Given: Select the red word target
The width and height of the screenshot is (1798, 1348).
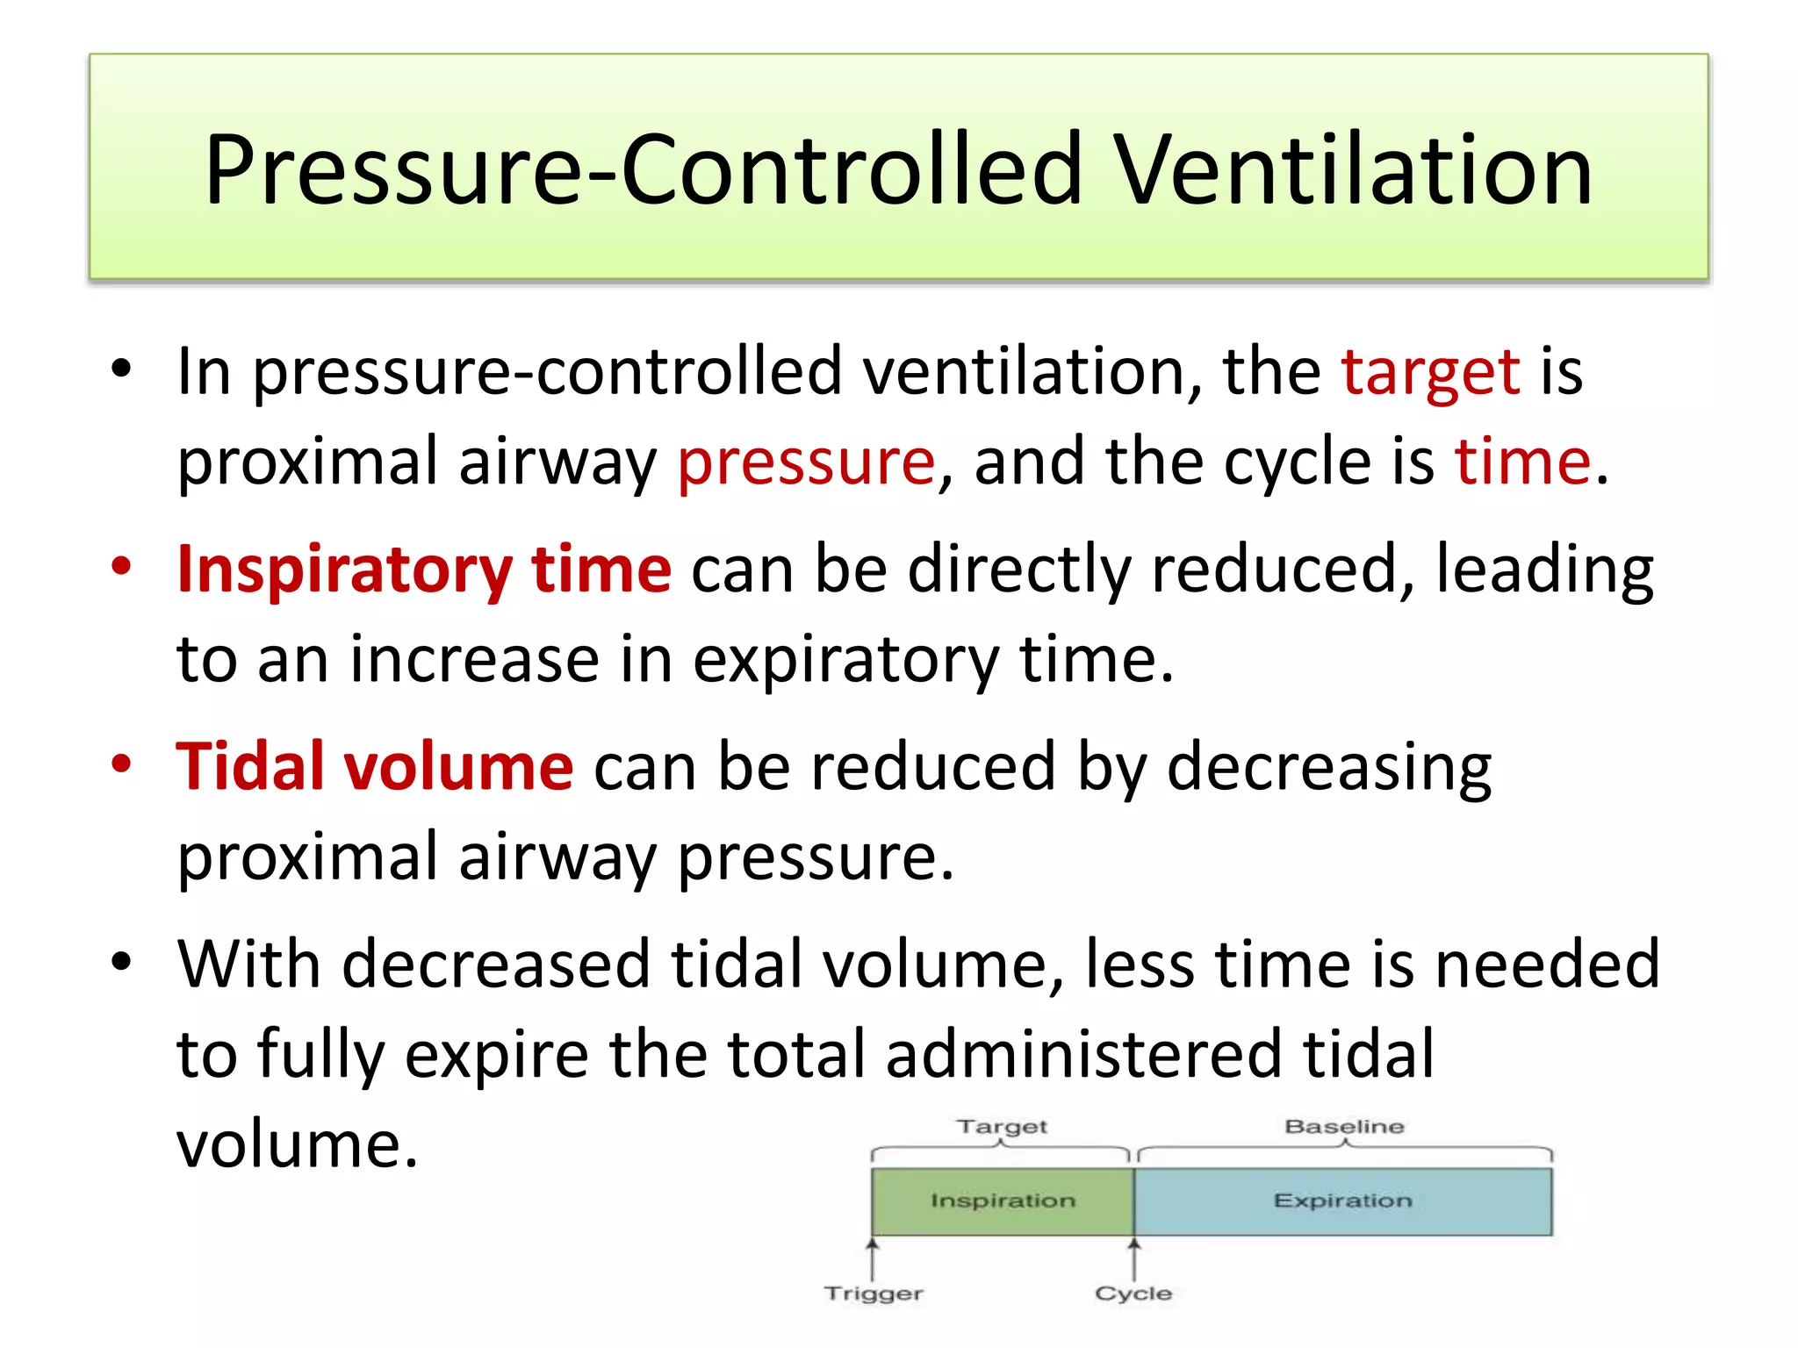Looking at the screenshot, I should pyautogui.click(x=1430, y=372).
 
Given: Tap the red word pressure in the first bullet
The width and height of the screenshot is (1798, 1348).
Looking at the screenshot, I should pyautogui.click(x=806, y=462).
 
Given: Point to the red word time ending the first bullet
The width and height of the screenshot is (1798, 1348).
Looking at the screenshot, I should pyautogui.click(x=1522, y=462).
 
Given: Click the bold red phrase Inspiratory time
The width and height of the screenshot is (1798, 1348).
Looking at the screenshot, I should pyautogui.click(x=424, y=570).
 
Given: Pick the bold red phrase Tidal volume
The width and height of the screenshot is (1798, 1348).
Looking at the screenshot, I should pyautogui.click(x=375, y=767).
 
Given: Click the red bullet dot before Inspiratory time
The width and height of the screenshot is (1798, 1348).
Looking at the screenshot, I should pyautogui.click(x=121, y=566).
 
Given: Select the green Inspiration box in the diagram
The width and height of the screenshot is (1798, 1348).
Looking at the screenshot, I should pyautogui.click(x=1002, y=1201).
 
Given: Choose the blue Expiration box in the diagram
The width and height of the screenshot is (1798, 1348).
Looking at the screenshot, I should pyautogui.click(x=1342, y=1201).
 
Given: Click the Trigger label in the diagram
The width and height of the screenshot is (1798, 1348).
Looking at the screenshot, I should pyautogui.click(x=873, y=1294).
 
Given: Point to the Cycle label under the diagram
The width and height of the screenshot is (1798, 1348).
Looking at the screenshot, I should pyautogui.click(x=1133, y=1294).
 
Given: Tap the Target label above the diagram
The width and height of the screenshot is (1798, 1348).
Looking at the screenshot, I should pyautogui.click(x=1002, y=1126).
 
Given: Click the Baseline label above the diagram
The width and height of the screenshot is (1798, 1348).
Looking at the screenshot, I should pyautogui.click(x=1344, y=1126).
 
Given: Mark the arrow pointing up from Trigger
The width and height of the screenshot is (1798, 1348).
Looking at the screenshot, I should pyautogui.click(x=873, y=1258).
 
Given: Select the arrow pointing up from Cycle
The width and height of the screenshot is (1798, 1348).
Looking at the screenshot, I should pyautogui.click(x=1133, y=1258).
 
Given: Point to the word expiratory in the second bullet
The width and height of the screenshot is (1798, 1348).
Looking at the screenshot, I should pyautogui.click(x=845, y=659).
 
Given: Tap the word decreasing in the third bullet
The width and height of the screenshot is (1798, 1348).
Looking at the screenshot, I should pyautogui.click(x=1328, y=767).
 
